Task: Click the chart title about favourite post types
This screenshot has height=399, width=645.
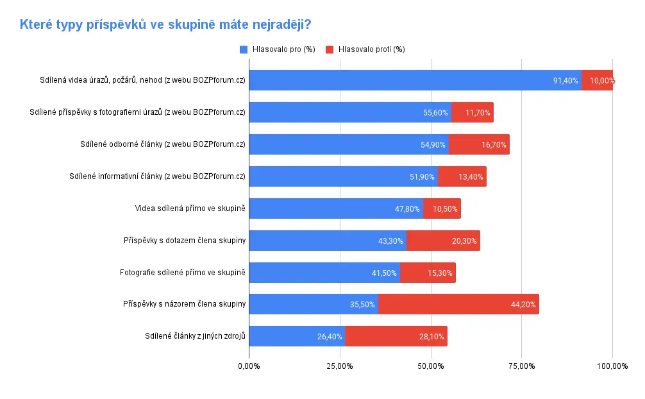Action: pyautogui.click(x=165, y=25)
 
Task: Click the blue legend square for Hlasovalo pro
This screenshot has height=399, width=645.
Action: pyautogui.click(x=244, y=49)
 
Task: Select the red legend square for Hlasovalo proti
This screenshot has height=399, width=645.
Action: pyautogui.click(x=330, y=49)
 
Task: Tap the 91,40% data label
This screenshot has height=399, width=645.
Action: pyautogui.click(x=565, y=81)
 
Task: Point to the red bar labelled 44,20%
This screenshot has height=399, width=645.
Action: pyautogui.click(x=458, y=304)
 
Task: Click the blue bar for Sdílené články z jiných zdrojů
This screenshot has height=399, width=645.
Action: pyautogui.click(x=297, y=336)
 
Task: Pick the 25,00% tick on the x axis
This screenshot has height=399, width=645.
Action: pyautogui.click(x=340, y=366)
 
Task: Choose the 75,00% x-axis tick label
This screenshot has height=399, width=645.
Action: pyautogui.click(x=522, y=366)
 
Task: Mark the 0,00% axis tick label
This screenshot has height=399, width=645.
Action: pyautogui.click(x=249, y=366)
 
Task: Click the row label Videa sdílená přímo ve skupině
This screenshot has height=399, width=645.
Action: pyautogui.click(x=190, y=208)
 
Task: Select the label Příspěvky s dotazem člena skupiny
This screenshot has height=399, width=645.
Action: pyautogui.click(x=185, y=241)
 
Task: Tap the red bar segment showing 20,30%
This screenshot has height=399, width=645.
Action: pyautogui.click(x=444, y=241)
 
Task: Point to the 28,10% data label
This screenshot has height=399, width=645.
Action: pyautogui.click(x=431, y=337)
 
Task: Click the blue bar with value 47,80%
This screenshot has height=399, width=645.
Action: pyautogui.click(x=336, y=208)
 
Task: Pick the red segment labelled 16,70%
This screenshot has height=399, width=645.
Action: pyautogui.click(x=479, y=144)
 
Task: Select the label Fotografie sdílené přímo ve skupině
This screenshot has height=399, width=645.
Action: pyautogui.click(x=183, y=273)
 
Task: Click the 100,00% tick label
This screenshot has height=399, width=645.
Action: pyautogui.click(x=612, y=366)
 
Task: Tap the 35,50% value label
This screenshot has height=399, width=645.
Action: pyautogui.click(x=362, y=305)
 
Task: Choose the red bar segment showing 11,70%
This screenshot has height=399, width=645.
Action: pyautogui.click(x=473, y=112)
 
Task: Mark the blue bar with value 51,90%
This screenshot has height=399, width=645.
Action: pyautogui.click(x=344, y=176)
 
